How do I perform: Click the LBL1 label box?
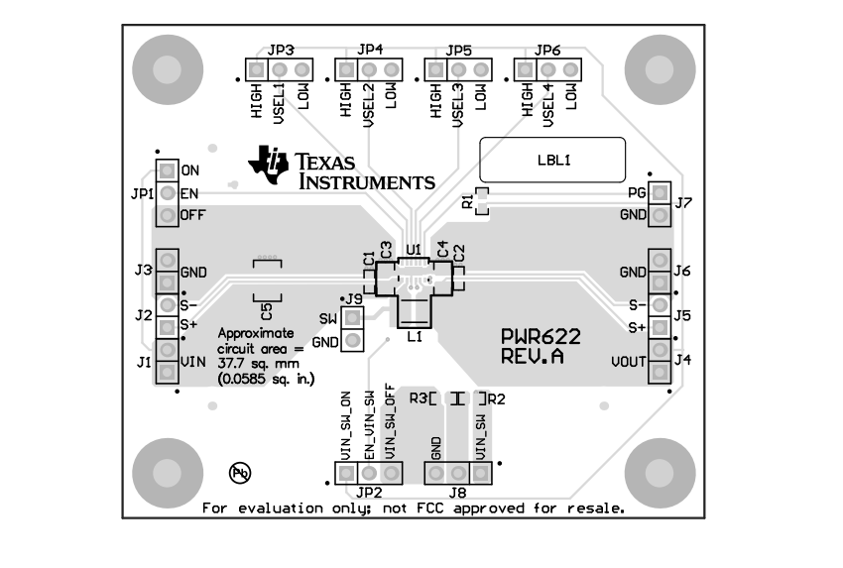552,160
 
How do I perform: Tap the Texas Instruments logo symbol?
268,164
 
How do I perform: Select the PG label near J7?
637,192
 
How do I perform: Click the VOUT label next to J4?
629,362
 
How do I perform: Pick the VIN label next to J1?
192,362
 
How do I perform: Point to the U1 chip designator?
414,249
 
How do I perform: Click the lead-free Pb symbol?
240,473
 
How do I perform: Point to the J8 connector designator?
457,493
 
